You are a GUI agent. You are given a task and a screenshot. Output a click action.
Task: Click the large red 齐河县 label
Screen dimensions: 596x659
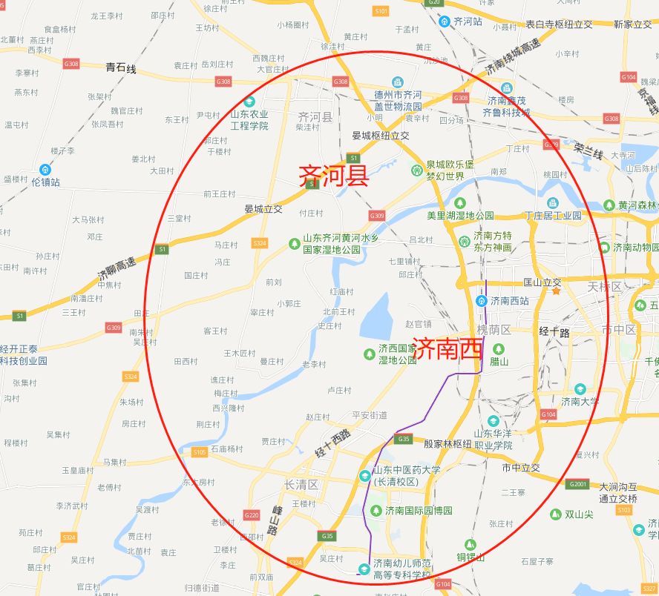pyautogui.click(x=333, y=175)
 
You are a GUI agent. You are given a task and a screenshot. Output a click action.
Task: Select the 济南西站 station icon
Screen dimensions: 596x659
pyautogui.click(x=482, y=301)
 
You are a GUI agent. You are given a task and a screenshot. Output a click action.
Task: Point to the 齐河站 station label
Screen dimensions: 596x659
pyautogui.click(x=468, y=21)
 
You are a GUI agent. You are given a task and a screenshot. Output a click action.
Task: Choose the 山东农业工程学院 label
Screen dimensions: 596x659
pyautogui.click(x=249, y=119)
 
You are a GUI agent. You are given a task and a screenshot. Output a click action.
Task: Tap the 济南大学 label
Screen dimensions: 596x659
pyautogui.click(x=580, y=401)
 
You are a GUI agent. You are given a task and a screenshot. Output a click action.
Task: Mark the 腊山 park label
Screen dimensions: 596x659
pyautogui.click(x=499, y=362)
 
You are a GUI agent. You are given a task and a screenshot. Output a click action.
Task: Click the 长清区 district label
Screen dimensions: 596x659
pyautogui.click(x=301, y=484)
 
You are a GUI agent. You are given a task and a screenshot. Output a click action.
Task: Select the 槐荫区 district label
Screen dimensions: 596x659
pyautogui.click(x=494, y=329)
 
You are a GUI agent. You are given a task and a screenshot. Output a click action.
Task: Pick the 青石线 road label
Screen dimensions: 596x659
pyautogui.click(x=121, y=68)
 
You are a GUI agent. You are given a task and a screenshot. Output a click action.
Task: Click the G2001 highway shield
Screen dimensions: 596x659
pyautogui.click(x=577, y=483)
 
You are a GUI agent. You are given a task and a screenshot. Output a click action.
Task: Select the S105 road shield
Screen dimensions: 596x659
pyautogui.click(x=199, y=451)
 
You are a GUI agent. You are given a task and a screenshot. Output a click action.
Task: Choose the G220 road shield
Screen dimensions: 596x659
pyautogui.click(x=252, y=514)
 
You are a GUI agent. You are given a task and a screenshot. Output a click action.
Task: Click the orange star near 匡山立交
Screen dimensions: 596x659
pyautogui.click(x=556, y=291)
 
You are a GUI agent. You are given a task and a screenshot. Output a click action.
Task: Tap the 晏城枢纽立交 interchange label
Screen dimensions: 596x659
pyautogui.click(x=380, y=136)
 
